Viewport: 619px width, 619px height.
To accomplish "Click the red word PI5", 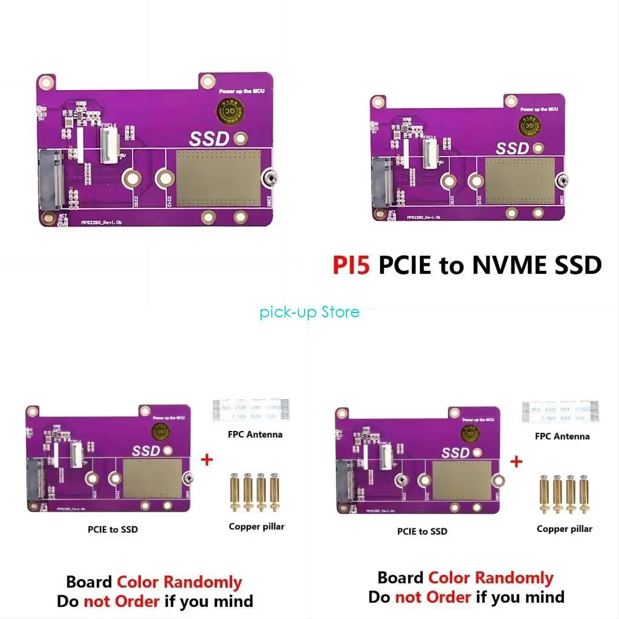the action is coord(351,265).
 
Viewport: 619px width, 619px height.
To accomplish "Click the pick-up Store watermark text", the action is coord(309,312).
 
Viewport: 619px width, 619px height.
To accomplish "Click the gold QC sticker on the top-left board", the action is coord(230,112).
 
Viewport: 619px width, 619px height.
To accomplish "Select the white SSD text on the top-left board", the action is coord(209,138).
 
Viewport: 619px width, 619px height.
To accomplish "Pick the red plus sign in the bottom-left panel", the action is coord(207,460).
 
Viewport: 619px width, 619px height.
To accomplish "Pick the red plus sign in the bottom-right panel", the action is coord(516,462).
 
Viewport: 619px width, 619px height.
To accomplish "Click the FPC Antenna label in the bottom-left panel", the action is coord(255,434).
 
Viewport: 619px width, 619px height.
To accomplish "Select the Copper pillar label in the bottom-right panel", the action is coord(565,529).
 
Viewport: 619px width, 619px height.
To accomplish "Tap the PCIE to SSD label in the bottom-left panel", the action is coord(112,530).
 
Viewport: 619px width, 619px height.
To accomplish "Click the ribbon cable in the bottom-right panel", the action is coord(560,410).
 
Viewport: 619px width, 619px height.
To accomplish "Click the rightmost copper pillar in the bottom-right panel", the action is coord(584,494).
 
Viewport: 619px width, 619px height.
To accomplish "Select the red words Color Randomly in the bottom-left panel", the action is coord(179,582).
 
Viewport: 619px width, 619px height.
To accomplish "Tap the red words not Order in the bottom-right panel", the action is coord(432,597).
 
